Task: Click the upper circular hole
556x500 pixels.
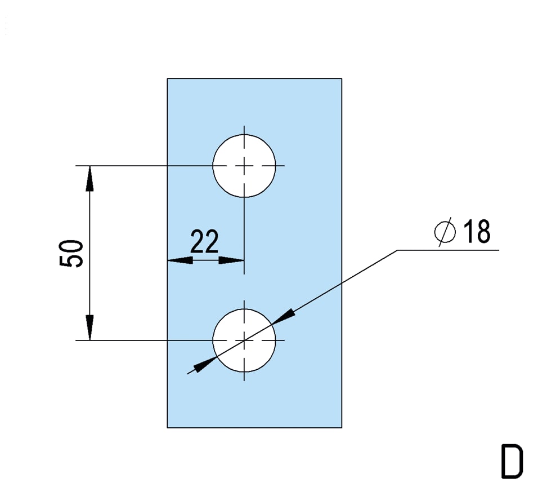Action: pos(244,166)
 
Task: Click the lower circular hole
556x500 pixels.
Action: pos(244,340)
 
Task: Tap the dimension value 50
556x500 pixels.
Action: pos(71,253)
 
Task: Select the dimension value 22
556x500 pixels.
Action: pos(205,241)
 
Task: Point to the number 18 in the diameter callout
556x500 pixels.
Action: pos(477,231)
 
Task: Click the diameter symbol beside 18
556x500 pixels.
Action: pos(445,232)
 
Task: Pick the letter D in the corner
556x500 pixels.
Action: pos(512,461)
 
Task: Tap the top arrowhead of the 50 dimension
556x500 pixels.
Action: pos(90,179)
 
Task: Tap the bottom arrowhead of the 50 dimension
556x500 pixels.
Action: pos(90,328)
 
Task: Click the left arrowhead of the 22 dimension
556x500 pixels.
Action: pos(180,260)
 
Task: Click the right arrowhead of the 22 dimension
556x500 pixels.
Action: pos(231,260)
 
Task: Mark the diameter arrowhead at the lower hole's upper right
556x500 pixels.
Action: pos(283,316)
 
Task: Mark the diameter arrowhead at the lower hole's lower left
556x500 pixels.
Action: pos(205,365)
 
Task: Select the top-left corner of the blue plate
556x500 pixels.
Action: pos(167,78)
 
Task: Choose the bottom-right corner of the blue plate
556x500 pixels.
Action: pos(342,427)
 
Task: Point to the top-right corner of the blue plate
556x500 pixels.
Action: pos(342,78)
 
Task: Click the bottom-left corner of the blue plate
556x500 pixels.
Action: pos(167,427)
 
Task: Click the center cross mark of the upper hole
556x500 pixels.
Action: pos(244,166)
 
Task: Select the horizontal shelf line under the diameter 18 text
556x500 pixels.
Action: pos(448,250)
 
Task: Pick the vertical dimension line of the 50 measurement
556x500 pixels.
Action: pos(90,253)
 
